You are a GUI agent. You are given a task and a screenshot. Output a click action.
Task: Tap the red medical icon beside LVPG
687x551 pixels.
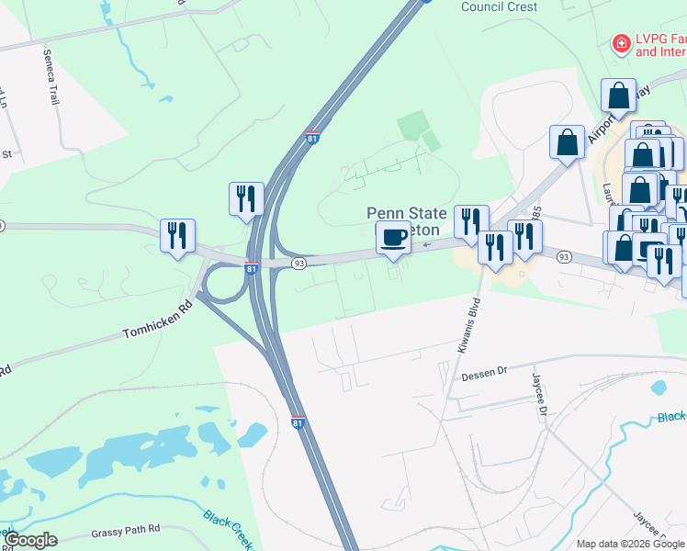coord(622,43)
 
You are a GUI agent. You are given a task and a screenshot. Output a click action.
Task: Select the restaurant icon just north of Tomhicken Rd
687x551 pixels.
coord(177,235)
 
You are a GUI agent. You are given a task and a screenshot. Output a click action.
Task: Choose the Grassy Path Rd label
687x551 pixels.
coord(126,530)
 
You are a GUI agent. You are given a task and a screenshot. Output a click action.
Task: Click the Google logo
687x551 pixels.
coord(30,540)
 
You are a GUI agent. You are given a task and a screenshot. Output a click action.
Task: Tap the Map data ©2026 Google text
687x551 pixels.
coord(630,544)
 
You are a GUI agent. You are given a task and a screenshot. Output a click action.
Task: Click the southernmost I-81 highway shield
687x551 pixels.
coord(298,422)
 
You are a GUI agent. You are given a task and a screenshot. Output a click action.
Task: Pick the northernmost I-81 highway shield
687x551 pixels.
coord(313,139)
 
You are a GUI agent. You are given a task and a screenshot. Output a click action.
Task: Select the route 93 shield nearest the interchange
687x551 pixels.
coord(298,264)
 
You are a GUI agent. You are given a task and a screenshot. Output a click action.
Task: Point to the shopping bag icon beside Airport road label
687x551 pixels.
coord(567,142)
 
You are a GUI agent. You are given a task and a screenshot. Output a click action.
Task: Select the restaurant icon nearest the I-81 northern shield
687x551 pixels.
coord(246,198)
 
